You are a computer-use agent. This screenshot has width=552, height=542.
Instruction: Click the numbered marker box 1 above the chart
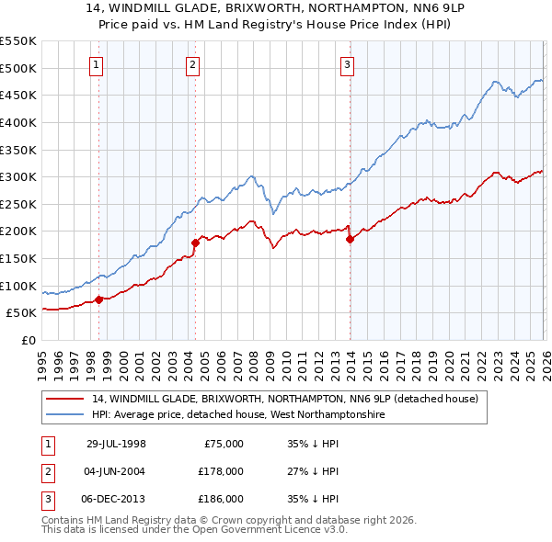coord(98,64)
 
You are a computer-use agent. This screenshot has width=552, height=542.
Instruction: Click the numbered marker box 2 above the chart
coord(192,64)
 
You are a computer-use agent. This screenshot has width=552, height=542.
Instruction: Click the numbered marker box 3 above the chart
coord(347,64)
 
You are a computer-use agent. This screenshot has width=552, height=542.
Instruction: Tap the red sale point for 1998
coord(99,299)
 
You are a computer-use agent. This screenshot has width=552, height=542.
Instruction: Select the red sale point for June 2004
coord(195,243)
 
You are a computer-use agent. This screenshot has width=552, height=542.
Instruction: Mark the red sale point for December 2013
coord(350,239)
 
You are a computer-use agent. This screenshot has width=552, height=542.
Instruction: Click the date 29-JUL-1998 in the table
coord(116,444)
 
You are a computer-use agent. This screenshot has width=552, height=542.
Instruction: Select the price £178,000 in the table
coord(220,471)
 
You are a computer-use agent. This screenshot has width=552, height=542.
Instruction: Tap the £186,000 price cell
coord(220,499)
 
